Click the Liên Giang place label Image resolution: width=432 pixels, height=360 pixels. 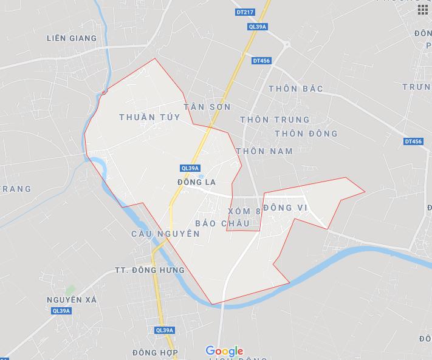pos(72,38)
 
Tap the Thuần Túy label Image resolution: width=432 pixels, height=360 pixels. pos(150,117)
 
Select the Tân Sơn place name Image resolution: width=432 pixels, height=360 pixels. pos(207,107)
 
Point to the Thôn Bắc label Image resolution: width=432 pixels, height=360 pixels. pos(295,89)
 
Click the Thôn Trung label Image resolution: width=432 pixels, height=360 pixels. pos(275,120)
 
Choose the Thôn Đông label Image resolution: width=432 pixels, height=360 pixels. pos(306,134)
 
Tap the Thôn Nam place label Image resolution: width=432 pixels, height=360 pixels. pos(264,151)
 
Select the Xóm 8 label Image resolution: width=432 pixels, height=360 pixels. pos(244,211)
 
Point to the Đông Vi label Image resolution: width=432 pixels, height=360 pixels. pos(287,208)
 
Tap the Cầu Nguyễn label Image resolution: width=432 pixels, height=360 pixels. pos(165,234)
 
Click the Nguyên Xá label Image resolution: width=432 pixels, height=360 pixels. pos(72,300)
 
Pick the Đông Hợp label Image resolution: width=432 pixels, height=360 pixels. pos(155,353)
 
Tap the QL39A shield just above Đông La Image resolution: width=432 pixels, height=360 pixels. pos(190,168)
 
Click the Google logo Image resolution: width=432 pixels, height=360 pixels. pos(224,351)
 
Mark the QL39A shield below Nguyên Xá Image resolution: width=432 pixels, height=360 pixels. pos(61,311)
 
